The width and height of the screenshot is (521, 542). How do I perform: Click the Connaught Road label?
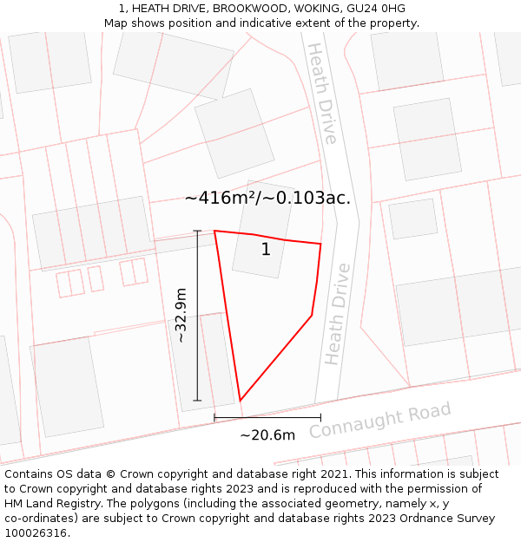380,420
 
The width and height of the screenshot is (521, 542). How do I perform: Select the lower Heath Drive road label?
337,314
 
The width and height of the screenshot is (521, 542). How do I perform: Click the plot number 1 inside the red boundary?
266,250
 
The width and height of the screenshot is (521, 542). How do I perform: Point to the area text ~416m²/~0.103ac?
267,198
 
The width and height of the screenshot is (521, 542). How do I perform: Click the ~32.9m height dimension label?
181,316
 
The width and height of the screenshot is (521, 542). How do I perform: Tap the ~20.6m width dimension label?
267,434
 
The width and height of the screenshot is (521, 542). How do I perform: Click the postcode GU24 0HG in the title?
376,9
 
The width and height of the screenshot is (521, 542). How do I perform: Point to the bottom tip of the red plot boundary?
241,401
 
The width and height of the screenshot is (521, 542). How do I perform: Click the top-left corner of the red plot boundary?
214,231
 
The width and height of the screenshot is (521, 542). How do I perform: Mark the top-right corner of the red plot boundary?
320,244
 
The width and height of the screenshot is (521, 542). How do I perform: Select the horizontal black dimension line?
267,418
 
